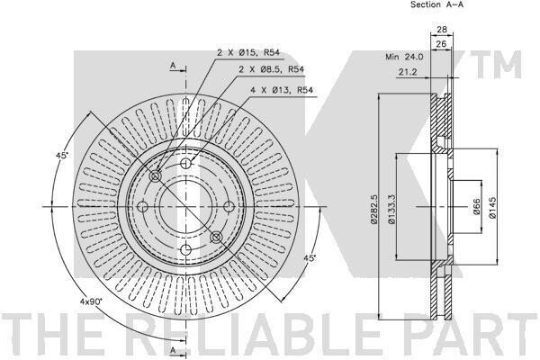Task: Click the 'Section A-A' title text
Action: (x=437, y=4)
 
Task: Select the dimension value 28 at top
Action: (x=442, y=30)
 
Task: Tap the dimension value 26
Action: (x=441, y=44)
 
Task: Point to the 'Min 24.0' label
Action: (x=404, y=57)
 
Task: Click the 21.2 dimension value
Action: (x=408, y=72)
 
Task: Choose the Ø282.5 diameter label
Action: (x=374, y=209)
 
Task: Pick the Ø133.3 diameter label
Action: (x=391, y=209)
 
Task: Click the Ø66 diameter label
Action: (x=476, y=207)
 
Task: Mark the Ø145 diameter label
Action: (x=492, y=207)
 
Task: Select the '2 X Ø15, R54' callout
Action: (x=248, y=53)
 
